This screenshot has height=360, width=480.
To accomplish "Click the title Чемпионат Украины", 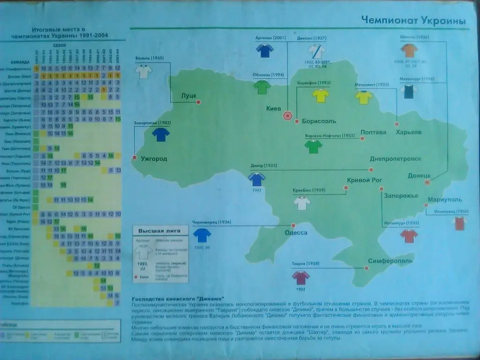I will (x=413, y=21).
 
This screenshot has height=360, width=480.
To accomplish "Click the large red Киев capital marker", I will (x=287, y=115).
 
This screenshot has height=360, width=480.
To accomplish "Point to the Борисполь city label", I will (x=319, y=121).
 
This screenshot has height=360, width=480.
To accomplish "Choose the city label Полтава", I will (x=373, y=132).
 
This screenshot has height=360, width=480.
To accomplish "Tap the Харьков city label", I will (x=409, y=132).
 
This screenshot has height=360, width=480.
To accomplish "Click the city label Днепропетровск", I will (x=396, y=159).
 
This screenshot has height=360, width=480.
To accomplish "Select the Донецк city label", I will (x=419, y=175).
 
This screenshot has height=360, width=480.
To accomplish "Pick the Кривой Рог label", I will (x=365, y=180).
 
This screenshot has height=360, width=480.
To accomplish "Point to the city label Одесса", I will (x=296, y=232).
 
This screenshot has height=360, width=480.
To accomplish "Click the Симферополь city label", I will (x=390, y=261).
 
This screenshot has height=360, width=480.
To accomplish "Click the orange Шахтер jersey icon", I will (x=409, y=50).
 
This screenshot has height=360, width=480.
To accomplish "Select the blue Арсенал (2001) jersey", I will (x=265, y=50).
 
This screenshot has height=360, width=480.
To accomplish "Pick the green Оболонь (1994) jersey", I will (x=262, y=87).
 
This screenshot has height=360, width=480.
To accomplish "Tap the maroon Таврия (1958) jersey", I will (x=300, y=277).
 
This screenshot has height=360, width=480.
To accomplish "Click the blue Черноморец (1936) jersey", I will (x=202, y=235).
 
